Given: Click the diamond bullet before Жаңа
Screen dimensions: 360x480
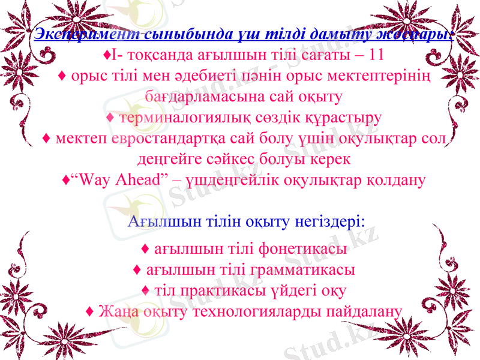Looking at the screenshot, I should coord(89,312).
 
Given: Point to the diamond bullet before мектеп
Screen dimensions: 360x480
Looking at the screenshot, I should coord(46,139).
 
